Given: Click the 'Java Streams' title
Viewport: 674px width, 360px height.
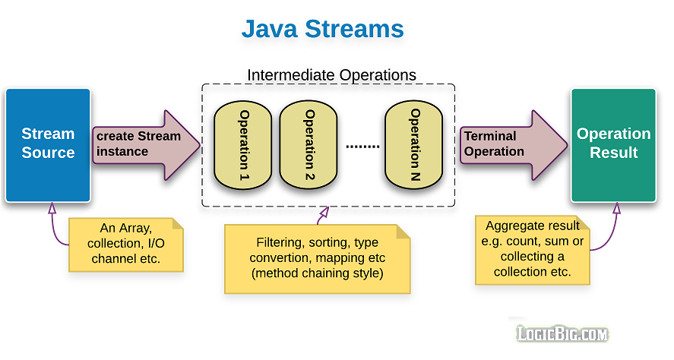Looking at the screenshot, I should [x=322, y=30].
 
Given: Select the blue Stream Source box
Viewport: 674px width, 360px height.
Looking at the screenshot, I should [x=48, y=144].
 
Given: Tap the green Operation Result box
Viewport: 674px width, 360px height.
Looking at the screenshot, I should [x=613, y=144].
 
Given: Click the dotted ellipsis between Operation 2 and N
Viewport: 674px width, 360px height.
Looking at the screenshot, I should [x=362, y=145].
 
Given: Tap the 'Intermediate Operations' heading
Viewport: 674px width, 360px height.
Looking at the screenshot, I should [x=331, y=75].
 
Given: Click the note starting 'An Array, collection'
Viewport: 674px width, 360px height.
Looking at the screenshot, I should [x=125, y=244].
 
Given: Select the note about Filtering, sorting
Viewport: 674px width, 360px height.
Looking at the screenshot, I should [x=317, y=258].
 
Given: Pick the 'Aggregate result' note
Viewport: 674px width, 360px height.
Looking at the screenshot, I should [x=533, y=249].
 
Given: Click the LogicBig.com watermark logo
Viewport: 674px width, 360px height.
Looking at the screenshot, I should [x=562, y=333].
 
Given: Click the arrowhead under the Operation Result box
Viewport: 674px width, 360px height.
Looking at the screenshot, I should [x=617, y=207].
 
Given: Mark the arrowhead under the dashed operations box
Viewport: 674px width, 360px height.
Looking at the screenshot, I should [x=323, y=215].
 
